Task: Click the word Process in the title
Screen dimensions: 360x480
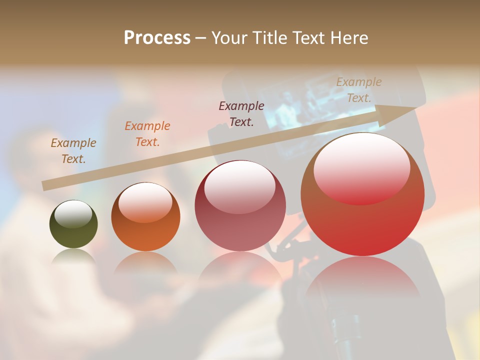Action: pos(157,38)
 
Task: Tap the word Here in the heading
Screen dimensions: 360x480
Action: pos(349,38)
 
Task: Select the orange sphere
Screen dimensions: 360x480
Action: pos(145,217)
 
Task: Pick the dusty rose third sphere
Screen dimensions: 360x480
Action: pos(240,206)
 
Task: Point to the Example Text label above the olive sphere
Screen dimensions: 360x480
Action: pos(73,150)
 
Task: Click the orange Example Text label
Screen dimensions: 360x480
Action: pos(147,134)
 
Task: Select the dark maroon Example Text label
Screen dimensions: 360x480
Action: pos(241,113)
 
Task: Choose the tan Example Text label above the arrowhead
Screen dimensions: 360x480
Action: pos(358,90)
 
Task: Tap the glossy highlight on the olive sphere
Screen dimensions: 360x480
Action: pos(73,212)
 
